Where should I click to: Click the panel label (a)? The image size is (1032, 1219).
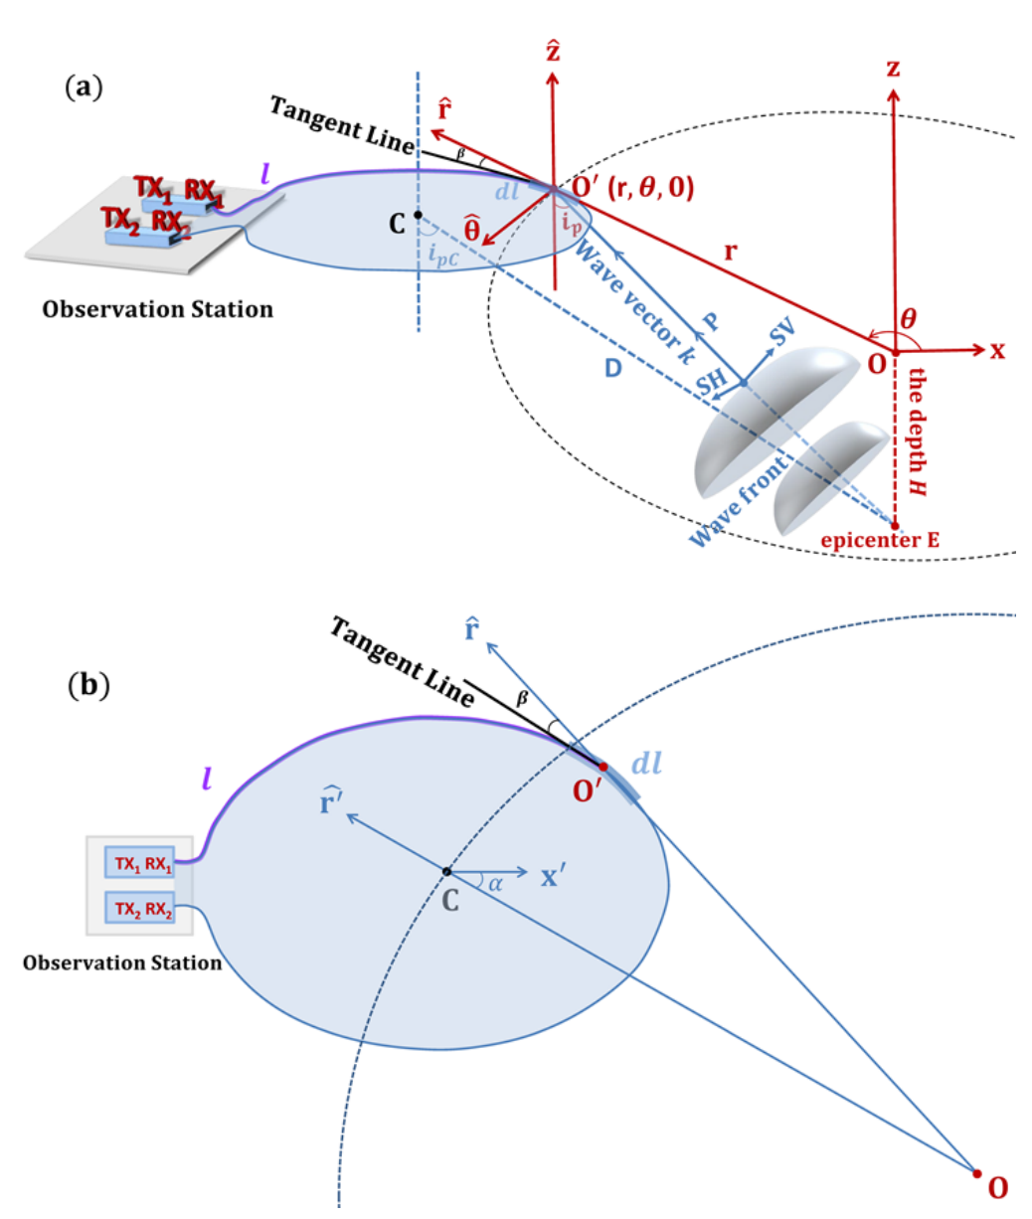[84, 87]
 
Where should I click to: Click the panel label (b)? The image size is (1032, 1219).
[88, 685]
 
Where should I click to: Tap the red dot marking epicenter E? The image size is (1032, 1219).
[895, 525]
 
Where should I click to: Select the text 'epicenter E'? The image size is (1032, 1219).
[880, 540]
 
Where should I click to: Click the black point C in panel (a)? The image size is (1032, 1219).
[418, 215]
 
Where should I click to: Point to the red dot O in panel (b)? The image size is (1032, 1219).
[976, 1173]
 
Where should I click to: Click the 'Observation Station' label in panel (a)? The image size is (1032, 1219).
[157, 309]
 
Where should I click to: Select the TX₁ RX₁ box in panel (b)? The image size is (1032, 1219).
[140, 862]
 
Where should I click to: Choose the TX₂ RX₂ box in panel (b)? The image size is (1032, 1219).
[140, 908]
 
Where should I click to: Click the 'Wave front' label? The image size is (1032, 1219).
[739, 501]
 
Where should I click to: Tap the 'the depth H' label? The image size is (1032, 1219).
[916, 432]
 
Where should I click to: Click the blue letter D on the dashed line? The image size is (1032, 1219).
[613, 369]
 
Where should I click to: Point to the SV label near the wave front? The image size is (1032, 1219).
[782, 333]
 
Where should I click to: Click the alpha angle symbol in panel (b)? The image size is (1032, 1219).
[495, 883]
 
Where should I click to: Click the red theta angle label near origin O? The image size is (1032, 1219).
[908, 319]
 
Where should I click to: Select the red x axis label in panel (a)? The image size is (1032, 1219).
[996, 351]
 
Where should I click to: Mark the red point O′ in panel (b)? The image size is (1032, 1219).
[603, 767]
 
